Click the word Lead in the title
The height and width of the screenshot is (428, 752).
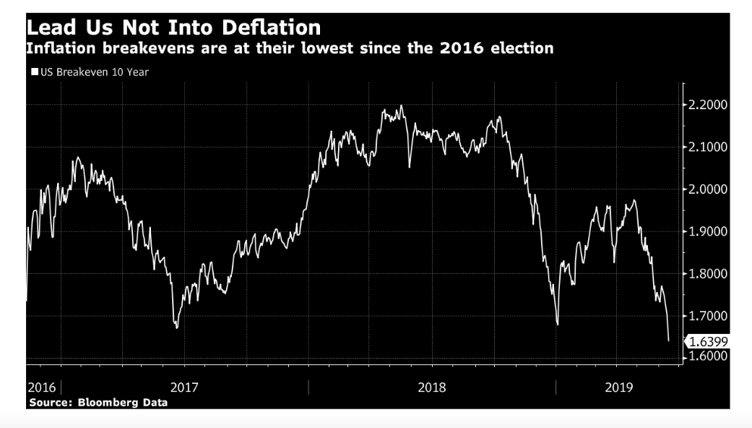pyautogui.click(x=51, y=28)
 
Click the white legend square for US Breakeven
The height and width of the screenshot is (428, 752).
pyautogui.click(x=34, y=72)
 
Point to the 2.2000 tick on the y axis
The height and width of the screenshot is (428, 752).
pyautogui.click(x=709, y=106)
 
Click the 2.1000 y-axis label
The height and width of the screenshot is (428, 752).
pyautogui.click(x=709, y=147)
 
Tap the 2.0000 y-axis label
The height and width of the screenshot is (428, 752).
pyautogui.click(x=709, y=189)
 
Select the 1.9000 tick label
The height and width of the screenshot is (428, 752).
pyautogui.click(x=709, y=231)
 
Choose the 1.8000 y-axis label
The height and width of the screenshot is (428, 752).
pyautogui.click(x=709, y=274)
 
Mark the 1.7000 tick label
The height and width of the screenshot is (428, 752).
pyautogui.click(x=709, y=316)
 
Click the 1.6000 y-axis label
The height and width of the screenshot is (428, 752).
pyautogui.click(x=709, y=357)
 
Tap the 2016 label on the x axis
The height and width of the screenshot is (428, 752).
pyautogui.click(x=42, y=388)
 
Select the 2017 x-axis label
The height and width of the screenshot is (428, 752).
pyautogui.click(x=185, y=388)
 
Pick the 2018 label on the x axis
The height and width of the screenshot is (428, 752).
pyautogui.click(x=432, y=388)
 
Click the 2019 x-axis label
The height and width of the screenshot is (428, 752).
pyautogui.click(x=618, y=388)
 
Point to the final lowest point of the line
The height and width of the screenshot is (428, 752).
pyautogui.click(x=668, y=341)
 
